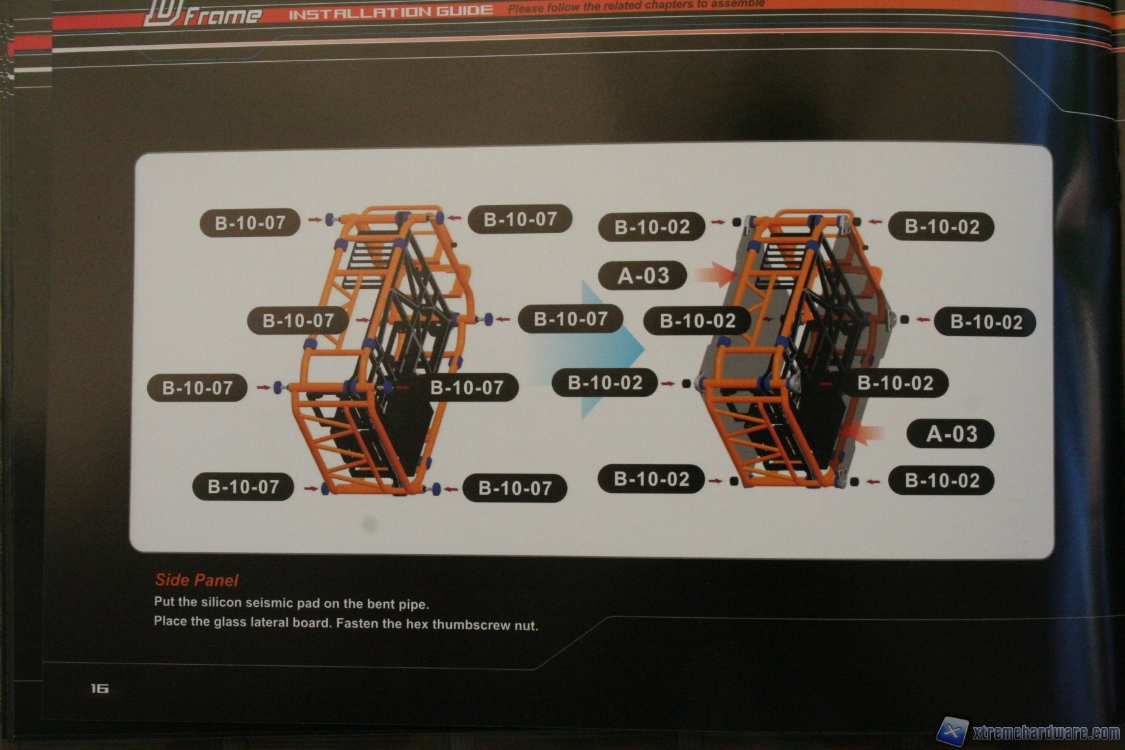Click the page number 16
coord(99,688)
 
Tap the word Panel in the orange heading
coord(216,580)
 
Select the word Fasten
coord(357,623)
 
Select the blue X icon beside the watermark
coord(952,731)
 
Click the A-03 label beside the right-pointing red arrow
coord(643,275)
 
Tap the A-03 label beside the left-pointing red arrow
coord(951,434)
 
